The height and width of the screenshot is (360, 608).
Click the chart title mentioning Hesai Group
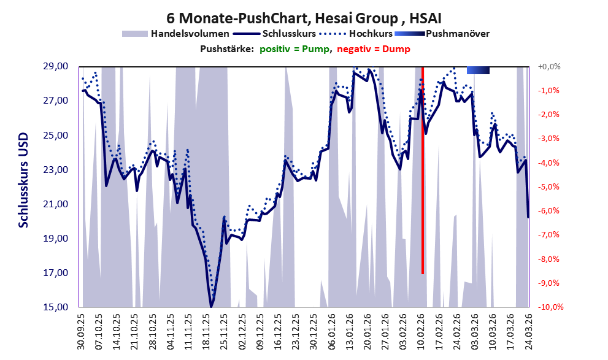click(304, 18)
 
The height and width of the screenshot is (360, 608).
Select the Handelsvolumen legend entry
click(175, 34)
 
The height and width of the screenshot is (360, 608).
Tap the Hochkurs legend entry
click(356, 34)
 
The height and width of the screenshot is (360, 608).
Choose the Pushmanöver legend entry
click(442, 34)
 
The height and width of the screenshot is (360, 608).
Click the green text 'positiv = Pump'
click(294, 49)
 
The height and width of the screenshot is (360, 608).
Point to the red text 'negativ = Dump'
click(374, 49)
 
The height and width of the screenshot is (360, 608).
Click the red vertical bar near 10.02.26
click(423, 170)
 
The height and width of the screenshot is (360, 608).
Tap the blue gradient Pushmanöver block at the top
click(478, 70)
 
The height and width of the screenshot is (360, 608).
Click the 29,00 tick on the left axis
click(55, 66)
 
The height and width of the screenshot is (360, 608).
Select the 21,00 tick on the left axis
click(55, 204)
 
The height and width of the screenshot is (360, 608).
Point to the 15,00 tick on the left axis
click(55, 307)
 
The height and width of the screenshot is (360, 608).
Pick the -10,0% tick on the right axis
click(550, 307)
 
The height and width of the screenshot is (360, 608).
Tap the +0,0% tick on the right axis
click(549, 67)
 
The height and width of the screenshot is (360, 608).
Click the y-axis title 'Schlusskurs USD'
click(23, 180)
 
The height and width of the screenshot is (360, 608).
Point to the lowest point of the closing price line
click(211, 307)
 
